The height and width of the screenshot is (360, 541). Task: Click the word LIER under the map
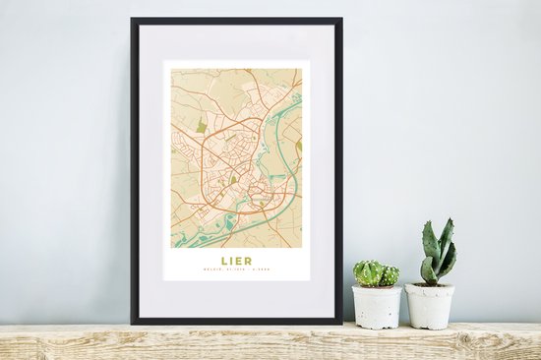(x=236, y=261)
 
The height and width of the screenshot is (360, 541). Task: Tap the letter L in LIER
(x=224, y=261)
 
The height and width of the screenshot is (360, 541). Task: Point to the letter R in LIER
(x=249, y=261)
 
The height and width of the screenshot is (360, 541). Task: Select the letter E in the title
(x=240, y=261)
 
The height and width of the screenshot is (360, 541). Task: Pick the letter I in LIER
(x=232, y=261)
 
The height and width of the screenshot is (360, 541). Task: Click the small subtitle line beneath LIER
(x=236, y=271)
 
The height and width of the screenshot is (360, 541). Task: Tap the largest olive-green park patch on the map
(x=201, y=126)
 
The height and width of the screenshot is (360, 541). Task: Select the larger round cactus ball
(x=369, y=272)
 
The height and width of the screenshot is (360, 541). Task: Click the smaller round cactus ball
(x=391, y=275)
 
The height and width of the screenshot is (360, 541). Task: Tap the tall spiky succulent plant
(x=437, y=254)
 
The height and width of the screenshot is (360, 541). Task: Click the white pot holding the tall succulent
(x=430, y=306)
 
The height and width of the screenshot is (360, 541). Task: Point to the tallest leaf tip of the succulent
(x=448, y=221)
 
